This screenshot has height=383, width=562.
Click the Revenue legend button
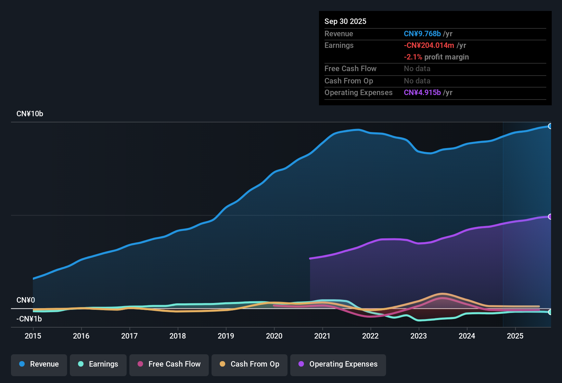point(39,364)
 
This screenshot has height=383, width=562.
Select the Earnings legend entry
point(98,364)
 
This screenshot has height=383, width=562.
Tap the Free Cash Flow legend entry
point(169,364)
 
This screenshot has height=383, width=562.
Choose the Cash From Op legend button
point(250,364)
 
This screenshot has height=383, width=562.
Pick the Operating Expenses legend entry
point(338,364)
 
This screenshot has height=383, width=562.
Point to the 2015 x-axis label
point(33,336)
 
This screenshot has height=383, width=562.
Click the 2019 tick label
point(226,336)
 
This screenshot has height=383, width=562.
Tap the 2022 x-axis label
point(370,336)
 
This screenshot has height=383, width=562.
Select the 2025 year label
point(515,336)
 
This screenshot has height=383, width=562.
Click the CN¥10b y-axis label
point(30,114)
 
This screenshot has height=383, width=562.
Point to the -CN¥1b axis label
point(29,319)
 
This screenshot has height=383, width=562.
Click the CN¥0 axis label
point(26,300)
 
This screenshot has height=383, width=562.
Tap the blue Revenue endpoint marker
point(550,126)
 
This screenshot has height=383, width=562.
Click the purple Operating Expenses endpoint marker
point(550,216)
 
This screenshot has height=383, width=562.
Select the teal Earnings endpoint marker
point(550,312)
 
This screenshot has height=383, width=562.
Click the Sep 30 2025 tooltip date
point(345,21)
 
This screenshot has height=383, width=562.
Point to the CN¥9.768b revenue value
point(422,34)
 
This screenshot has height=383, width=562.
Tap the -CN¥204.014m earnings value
point(429,45)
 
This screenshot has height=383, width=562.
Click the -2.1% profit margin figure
point(413,57)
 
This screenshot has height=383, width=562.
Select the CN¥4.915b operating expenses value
point(422,92)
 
